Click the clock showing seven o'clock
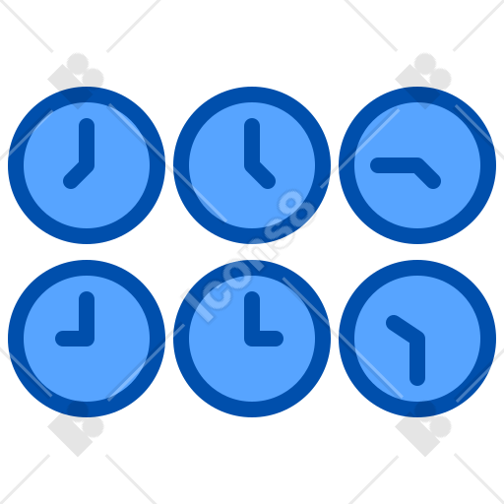tap(87, 165)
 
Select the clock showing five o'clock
tap(252, 165)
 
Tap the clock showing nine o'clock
tap(87, 339)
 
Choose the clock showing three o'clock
tap(252, 339)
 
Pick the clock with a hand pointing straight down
tap(417, 339)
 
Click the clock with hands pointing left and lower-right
tap(417, 165)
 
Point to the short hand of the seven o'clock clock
tap(78, 174)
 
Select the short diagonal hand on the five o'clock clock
tap(261, 174)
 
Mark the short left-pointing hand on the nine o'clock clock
tap(74, 339)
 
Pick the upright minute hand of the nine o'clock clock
tap(87, 317)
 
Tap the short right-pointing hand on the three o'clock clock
tap(265, 339)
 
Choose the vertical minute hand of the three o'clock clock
tap(252, 317)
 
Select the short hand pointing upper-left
tap(405, 329)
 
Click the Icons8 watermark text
tap(249, 255)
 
